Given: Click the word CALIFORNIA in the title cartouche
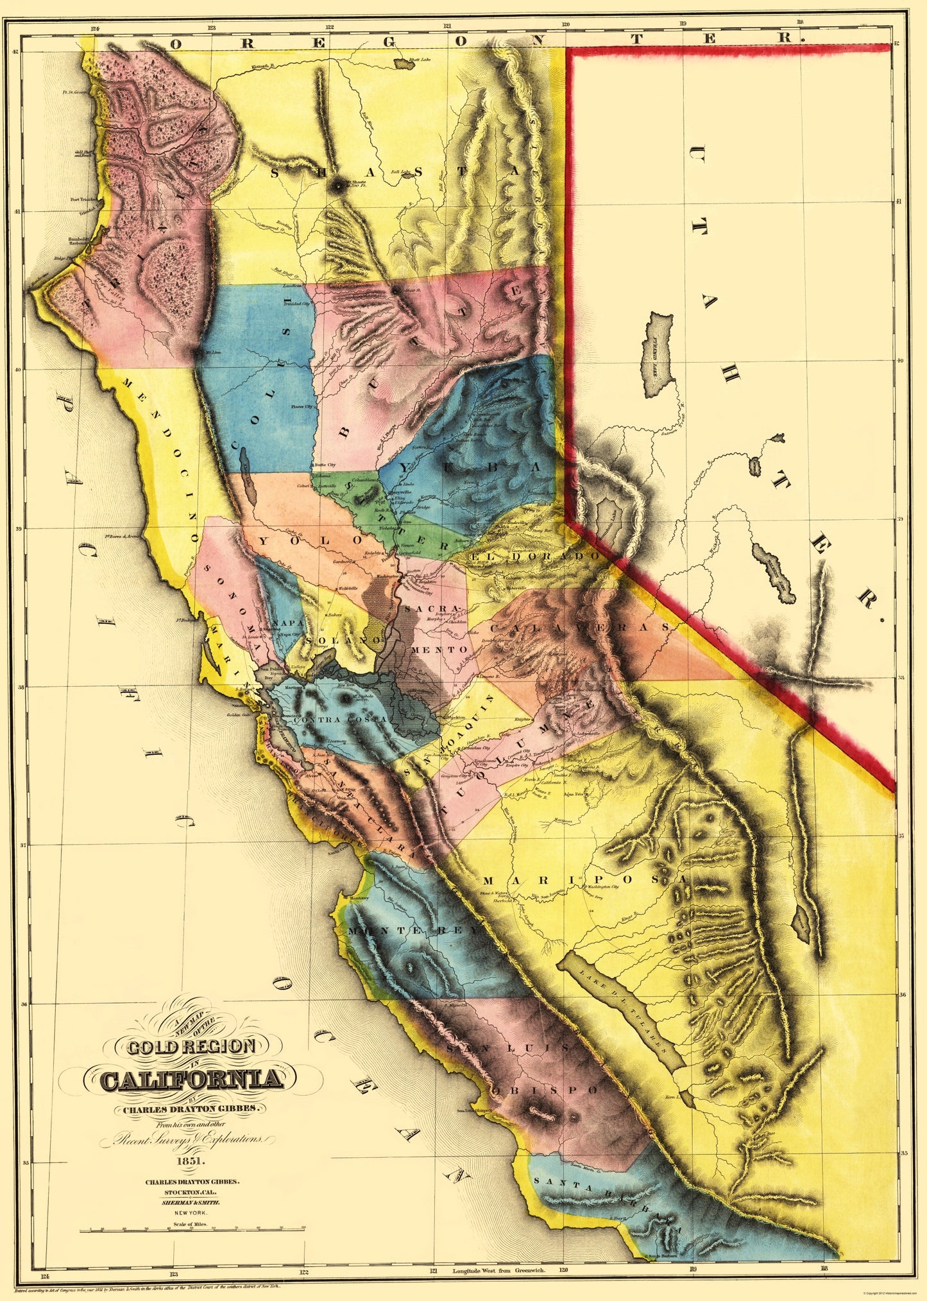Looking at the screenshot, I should (192, 1079).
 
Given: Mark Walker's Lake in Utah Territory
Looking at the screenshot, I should (774, 571).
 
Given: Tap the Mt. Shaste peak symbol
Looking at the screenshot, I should (336, 185).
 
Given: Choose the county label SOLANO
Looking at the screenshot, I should (334, 640).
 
